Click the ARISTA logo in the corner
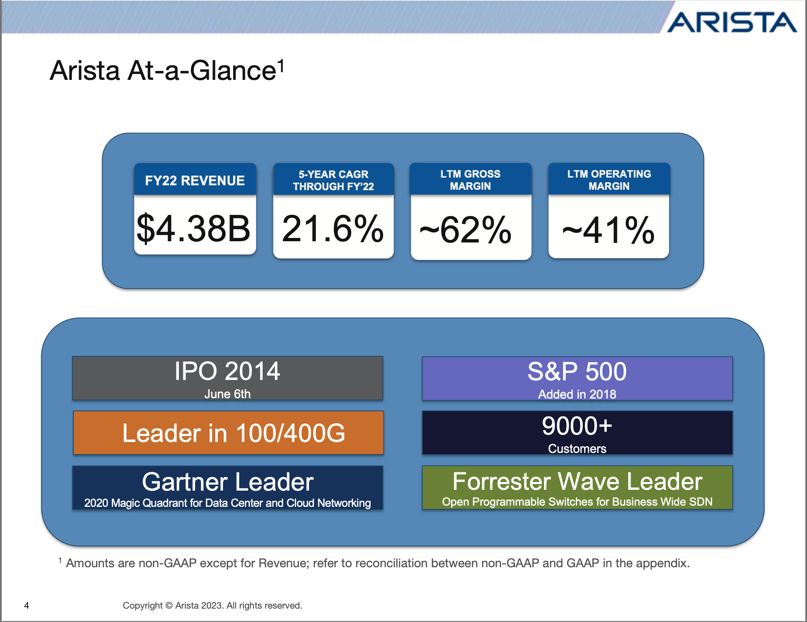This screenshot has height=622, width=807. (x=732, y=22)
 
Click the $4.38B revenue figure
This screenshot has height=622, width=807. (x=194, y=229)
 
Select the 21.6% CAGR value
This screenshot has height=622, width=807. (x=333, y=229)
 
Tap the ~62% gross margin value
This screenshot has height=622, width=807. (x=466, y=230)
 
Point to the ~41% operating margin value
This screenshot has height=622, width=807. (x=608, y=230)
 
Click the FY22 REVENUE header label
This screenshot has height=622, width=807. (x=195, y=180)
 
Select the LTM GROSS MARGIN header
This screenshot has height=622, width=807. (x=470, y=180)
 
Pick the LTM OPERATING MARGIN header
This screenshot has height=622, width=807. (x=609, y=180)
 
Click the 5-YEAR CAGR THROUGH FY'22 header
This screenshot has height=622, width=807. (x=333, y=180)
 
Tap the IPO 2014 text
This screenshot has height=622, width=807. (x=227, y=371)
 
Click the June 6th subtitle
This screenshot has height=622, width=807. (x=227, y=394)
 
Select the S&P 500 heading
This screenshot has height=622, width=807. (x=577, y=371)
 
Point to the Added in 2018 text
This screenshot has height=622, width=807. (x=577, y=394)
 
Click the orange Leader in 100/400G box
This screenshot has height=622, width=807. (x=228, y=433)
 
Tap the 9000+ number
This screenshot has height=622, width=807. (x=577, y=426)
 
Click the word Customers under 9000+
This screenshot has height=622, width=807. (x=577, y=448)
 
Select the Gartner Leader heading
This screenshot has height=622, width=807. (x=228, y=482)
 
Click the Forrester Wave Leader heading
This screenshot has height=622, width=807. (x=577, y=481)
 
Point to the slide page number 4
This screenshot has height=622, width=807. (x=27, y=605)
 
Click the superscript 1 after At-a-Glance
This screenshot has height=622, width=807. (x=281, y=65)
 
